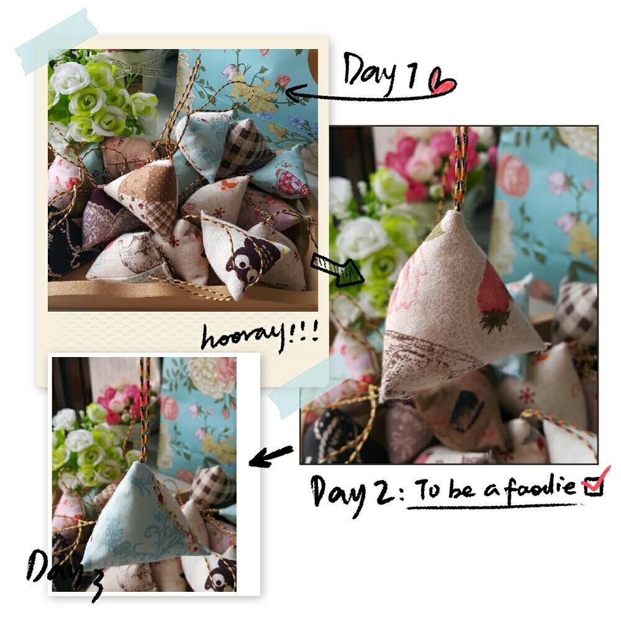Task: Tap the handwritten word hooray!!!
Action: coord(260,337)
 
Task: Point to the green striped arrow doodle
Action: coord(337,268)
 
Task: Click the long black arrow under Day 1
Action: coord(365,95)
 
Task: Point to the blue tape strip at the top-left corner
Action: coord(55,42)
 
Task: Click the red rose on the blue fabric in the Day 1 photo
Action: coord(283,81)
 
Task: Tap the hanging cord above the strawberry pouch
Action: coord(460,168)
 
